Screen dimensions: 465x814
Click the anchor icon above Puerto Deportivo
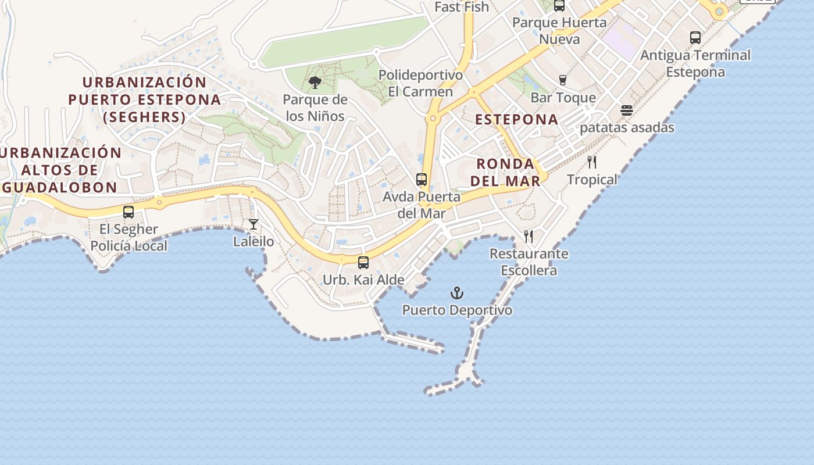coord(458,293)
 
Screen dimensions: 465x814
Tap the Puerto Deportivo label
coord(458,310)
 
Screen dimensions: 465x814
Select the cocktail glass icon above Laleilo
coord(254,224)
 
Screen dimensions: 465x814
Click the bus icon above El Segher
coord(128,212)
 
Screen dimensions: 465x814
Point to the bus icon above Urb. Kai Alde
coord(363,263)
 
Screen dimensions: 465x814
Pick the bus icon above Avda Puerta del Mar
coord(422,180)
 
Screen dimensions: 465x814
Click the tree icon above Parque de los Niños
coord(315,83)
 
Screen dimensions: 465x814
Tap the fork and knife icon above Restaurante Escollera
coord(529,237)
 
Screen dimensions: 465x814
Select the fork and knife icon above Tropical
coord(592,162)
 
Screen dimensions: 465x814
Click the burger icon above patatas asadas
coord(627,110)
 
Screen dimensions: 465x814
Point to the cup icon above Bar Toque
coord(562,80)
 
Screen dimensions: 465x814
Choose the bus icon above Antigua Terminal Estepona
coord(695,38)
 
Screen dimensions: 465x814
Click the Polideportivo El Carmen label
coord(420,84)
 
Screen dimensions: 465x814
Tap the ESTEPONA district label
coord(517,120)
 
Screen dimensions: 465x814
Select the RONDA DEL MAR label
coord(505,172)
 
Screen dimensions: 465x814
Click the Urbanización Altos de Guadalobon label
coord(60,170)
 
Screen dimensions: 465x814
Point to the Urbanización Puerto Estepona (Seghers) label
coord(144,99)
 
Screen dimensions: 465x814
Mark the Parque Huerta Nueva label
coord(559,31)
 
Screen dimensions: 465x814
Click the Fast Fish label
coord(462,7)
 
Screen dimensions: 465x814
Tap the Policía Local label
coord(128,246)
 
